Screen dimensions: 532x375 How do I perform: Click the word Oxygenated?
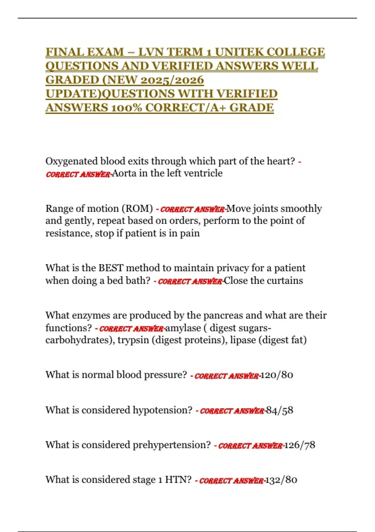click(x=72, y=161)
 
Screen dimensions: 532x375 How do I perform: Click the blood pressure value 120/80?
click(x=277, y=375)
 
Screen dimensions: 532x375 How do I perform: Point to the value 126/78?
click(x=300, y=445)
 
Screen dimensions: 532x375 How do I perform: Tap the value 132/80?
click(x=281, y=480)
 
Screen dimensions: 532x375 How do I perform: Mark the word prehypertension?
click(x=172, y=445)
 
